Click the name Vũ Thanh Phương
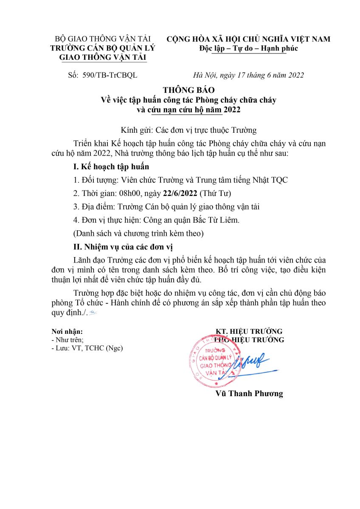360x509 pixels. (249, 393)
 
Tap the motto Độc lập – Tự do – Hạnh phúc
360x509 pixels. (248, 48)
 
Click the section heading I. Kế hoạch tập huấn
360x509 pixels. (111, 166)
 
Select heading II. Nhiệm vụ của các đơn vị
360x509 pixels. (123, 246)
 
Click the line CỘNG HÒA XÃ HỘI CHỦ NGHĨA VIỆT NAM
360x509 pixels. (248, 39)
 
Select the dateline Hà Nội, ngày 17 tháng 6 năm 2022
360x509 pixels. (248, 76)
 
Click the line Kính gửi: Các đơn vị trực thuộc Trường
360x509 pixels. (188, 130)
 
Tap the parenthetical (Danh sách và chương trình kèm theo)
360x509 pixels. (138, 233)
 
